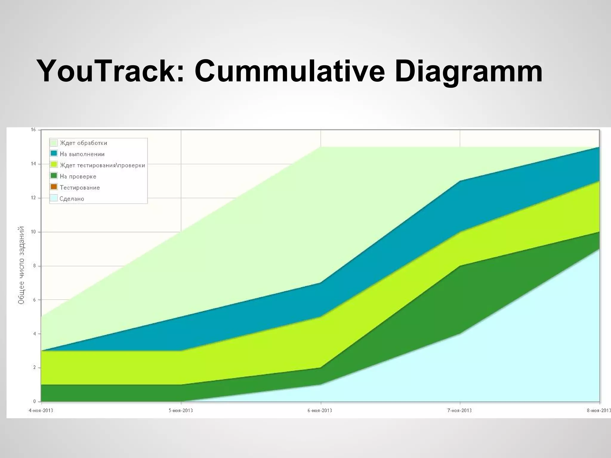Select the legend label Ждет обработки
[83, 143]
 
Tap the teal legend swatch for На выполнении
[54, 154]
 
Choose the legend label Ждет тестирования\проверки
[102, 165]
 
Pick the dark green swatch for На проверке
[54, 176]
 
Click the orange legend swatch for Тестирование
[54, 187]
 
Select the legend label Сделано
[72, 199]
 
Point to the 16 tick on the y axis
[33, 130]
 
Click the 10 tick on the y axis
[33, 232]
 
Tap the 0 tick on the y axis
[34, 401]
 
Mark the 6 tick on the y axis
[34, 300]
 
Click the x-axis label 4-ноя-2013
[41, 410]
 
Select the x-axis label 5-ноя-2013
[181, 410]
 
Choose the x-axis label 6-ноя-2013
[320, 410]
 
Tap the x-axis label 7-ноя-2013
[459, 410]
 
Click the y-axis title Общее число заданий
[21, 265]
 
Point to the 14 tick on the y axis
[33, 164]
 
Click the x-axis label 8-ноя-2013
[598, 410]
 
